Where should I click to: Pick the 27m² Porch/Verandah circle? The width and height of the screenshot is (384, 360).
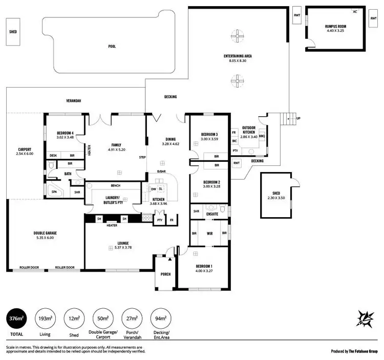pos(132,319)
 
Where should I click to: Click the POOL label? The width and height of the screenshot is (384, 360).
pos(112,47)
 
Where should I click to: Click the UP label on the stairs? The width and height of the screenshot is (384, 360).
pos(298,118)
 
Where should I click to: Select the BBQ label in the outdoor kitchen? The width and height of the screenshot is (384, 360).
pos(262,136)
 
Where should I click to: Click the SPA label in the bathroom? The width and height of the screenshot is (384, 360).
pos(54,192)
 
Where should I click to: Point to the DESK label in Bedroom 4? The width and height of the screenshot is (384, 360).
pos(53,155)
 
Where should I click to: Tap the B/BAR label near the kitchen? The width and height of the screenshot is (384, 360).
pos(161,171)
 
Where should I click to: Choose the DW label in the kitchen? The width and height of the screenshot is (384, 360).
pos(154,188)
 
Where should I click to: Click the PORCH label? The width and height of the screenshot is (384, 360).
pos(165,274)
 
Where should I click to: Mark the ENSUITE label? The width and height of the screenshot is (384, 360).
pos(212,214)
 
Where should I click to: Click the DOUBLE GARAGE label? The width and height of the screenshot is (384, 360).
pos(45,233)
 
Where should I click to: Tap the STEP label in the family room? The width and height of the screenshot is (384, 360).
pos(142,157)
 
